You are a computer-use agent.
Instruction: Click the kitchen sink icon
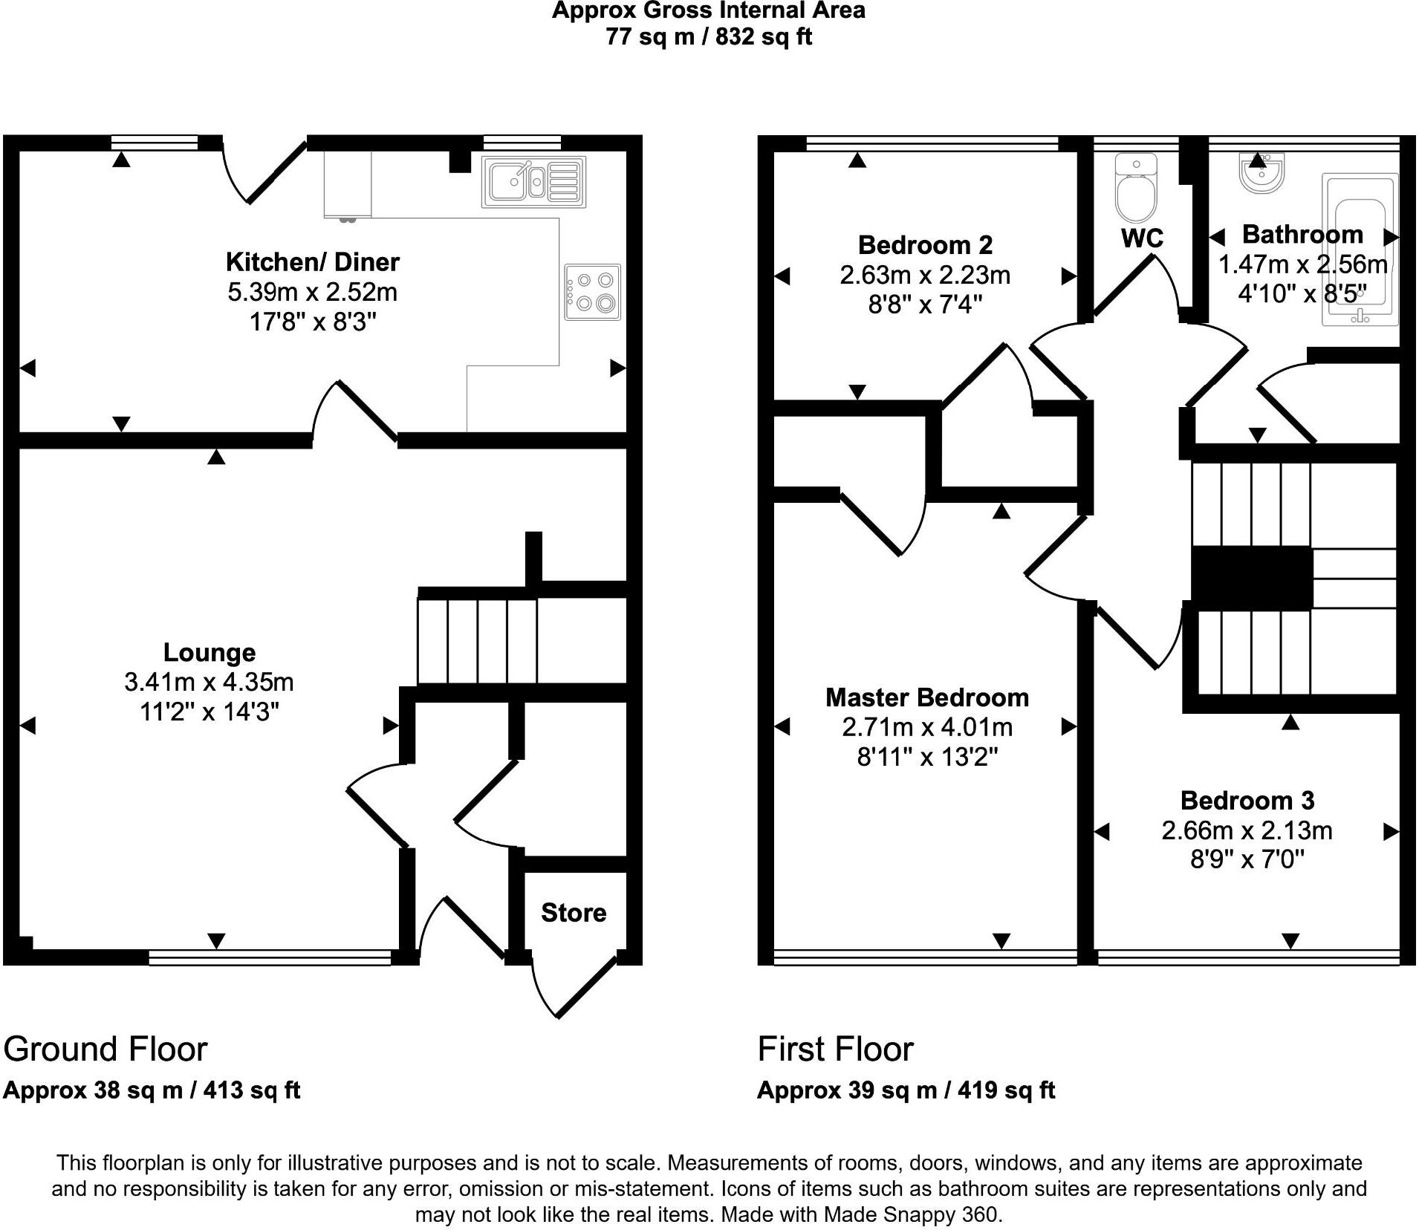(x=533, y=182)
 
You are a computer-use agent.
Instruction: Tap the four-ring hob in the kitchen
(x=592, y=292)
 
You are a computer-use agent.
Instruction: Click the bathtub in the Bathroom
(x=1360, y=250)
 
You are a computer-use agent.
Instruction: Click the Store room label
(x=574, y=913)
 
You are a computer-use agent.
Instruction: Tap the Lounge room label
(x=210, y=652)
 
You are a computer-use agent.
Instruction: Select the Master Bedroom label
(x=927, y=697)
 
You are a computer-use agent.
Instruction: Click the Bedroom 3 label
(x=1247, y=800)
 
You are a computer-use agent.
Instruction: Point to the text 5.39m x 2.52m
(x=313, y=292)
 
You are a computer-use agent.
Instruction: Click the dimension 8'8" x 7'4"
(x=926, y=305)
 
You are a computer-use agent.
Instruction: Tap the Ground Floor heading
(x=105, y=1050)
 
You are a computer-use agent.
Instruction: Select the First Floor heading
(x=835, y=1050)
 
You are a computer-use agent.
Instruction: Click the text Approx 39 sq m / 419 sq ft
(x=906, y=1090)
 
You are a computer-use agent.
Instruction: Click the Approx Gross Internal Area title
(x=708, y=11)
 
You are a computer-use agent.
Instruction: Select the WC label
(x=1142, y=238)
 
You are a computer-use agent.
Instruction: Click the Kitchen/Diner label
(x=313, y=261)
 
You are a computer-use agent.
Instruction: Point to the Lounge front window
(x=270, y=958)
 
